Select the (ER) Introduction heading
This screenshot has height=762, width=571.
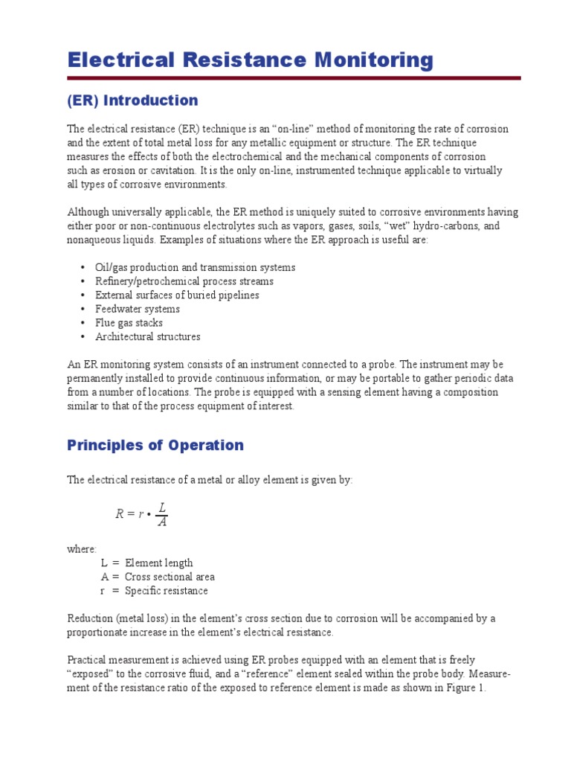[x=132, y=100]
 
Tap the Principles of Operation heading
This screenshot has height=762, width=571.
[x=155, y=445]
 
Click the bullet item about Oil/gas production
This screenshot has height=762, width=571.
[x=195, y=267]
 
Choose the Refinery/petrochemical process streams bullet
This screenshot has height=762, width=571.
[x=184, y=281]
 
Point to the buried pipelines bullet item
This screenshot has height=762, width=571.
[x=177, y=295]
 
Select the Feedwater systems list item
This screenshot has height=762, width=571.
[x=138, y=309]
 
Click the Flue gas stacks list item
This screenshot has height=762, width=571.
[x=129, y=323]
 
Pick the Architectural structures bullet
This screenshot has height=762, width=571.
[x=147, y=336]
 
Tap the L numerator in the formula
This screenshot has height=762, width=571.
[x=162, y=506]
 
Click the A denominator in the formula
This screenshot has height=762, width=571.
[x=162, y=522]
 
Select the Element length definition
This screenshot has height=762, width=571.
[x=158, y=563]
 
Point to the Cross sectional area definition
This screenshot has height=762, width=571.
[x=170, y=577]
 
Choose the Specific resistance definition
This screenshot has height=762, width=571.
[x=166, y=591]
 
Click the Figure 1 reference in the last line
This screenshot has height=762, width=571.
[x=462, y=688]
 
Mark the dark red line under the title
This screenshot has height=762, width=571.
[x=294, y=77]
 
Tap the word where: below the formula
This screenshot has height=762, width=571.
[x=82, y=549]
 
